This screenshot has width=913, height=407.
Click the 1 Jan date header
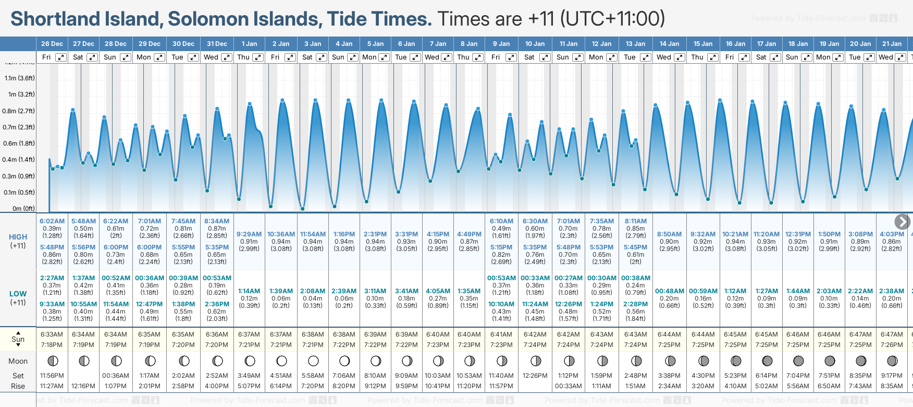(249, 44)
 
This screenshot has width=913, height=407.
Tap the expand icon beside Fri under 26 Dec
(61, 57)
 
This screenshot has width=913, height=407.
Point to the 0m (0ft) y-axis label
(23, 209)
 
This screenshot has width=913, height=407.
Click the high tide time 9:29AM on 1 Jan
(249, 234)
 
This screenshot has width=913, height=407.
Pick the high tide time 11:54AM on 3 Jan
(313, 234)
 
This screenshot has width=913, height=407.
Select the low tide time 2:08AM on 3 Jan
(313, 291)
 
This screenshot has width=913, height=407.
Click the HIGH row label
(18, 237)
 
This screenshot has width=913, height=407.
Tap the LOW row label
(18, 294)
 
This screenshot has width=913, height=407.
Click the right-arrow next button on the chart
(902, 222)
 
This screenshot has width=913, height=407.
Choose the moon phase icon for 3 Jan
(313, 361)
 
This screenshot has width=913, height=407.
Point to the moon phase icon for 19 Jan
(830, 361)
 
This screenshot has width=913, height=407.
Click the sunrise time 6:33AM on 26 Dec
(52, 334)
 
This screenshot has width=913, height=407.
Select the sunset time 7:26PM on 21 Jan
(892, 345)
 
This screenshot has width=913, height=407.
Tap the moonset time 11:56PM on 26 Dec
(52, 376)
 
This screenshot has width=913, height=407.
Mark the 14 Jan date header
(669, 44)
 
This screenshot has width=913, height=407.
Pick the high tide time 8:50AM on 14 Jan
(669, 234)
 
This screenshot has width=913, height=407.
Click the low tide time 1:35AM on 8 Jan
(469, 291)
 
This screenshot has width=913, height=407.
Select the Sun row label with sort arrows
(18, 339)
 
